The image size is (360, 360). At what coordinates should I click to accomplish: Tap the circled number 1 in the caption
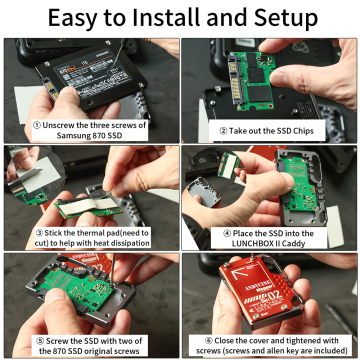click(36, 125)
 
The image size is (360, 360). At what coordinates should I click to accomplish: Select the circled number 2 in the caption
click(223, 130)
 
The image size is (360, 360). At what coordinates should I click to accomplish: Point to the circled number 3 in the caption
click(38, 232)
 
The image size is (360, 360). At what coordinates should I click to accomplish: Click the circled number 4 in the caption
click(227, 233)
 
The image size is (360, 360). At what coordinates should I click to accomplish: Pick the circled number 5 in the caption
click(41, 341)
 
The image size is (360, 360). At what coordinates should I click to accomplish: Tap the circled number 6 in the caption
click(209, 340)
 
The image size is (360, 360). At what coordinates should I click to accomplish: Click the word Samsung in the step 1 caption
click(74, 135)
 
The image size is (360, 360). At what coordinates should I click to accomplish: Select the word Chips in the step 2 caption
click(302, 130)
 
